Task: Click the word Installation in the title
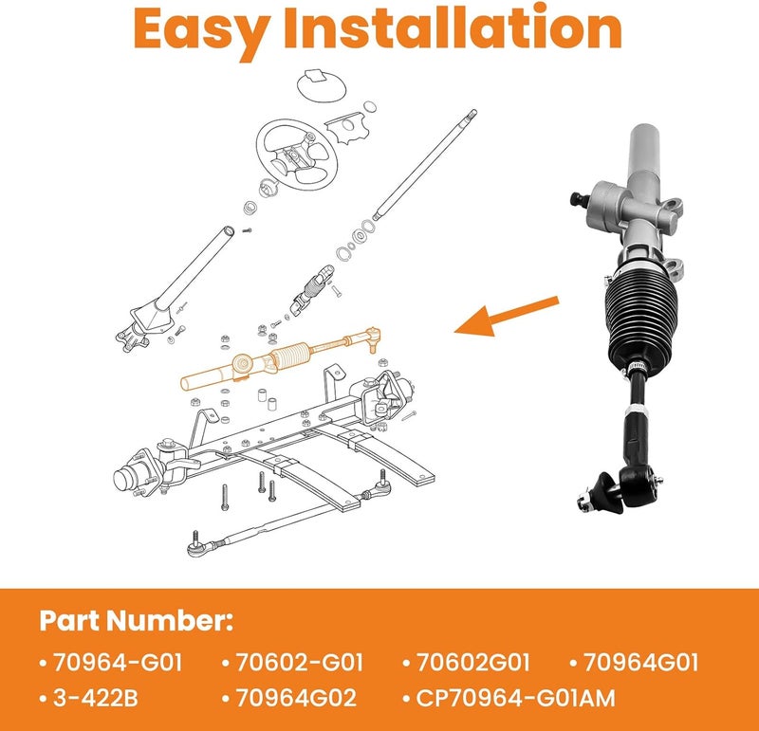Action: (453, 27)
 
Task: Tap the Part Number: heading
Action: (136, 620)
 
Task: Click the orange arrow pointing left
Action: (507, 316)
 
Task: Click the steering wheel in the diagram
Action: (296, 155)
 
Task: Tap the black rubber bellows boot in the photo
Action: (641, 321)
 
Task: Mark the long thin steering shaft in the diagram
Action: (424, 164)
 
